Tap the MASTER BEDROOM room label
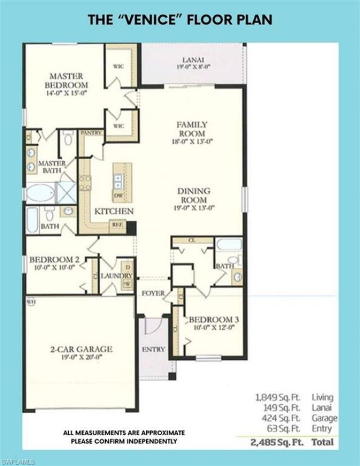tap(66, 80)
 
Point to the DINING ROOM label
tap(192, 196)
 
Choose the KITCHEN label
tap(114, 211)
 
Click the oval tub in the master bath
tap(42, 192)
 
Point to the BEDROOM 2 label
tap(54, 260)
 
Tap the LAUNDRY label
tap(116, 276)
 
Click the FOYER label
tap(152, 293)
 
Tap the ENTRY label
tap(153, 349)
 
